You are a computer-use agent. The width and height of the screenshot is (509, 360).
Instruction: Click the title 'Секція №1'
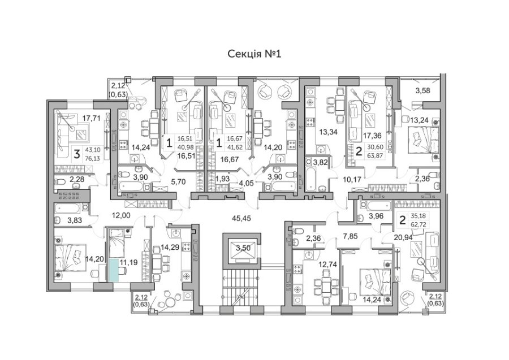(254, 54)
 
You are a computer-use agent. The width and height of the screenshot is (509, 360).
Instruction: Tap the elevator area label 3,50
(243, 249)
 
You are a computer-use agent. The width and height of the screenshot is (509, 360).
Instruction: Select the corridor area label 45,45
(241, 219)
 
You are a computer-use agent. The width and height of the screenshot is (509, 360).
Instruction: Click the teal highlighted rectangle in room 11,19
(114, 270)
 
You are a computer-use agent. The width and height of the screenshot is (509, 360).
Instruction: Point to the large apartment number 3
(76, 154)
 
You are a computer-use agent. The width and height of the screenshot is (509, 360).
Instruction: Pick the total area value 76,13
(93, 158)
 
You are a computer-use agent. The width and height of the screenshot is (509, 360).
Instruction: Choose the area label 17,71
(91, 118)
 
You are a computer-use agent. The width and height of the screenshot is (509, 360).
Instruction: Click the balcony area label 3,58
(422, 90)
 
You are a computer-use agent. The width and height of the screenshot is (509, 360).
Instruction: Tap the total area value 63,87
(375, 155)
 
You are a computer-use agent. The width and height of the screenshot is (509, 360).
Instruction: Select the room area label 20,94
(403, 238)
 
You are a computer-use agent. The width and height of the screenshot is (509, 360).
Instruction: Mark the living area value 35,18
(419, 215)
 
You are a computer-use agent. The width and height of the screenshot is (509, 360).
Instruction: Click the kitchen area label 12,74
(327, 264)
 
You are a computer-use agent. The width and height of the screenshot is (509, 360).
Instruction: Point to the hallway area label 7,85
(350, 236)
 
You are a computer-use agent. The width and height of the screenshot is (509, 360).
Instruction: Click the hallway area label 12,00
(121, 215)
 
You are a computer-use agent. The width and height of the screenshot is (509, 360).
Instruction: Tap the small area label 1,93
(223, 179)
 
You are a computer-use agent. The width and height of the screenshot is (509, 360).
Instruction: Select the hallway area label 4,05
(247, 183)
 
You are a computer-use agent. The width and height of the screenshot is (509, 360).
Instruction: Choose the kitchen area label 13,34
(328, 132)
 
